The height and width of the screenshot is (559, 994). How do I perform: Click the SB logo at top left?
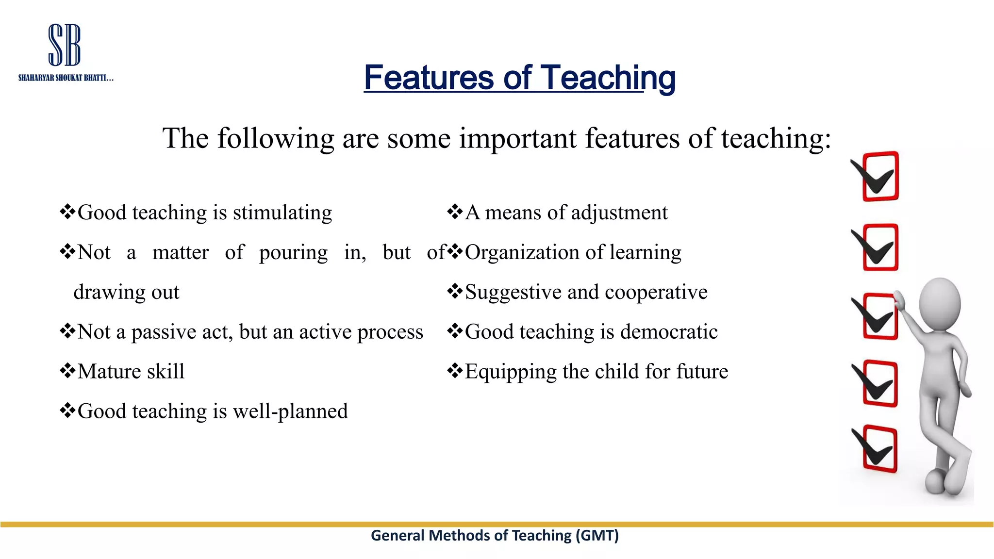coord(65,45)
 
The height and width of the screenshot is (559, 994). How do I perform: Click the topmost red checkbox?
coord(880,176)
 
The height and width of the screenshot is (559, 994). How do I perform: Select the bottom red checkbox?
coord(880,449)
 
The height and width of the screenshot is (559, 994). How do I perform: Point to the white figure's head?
coord(940,304)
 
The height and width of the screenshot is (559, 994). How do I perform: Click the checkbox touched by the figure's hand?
coord(880,316)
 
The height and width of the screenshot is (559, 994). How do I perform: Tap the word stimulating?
coord(282,213)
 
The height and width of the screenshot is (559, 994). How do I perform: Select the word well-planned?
coord(290,411)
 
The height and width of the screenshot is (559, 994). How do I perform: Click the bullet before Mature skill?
coord(67,371)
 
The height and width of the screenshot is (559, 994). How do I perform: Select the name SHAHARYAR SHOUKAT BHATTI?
coord(66,78)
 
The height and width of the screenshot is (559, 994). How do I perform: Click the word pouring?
coord(293,253)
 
